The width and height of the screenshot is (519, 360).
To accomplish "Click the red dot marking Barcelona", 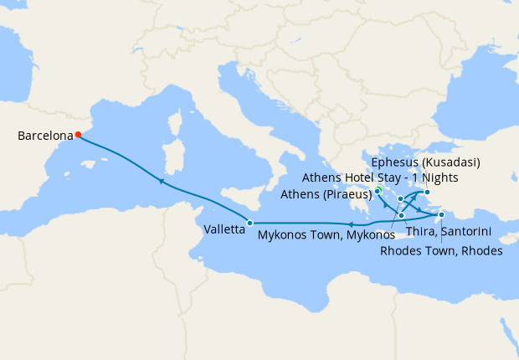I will click(x=78, y=134).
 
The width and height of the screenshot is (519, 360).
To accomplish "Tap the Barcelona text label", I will click(x=44, y=135).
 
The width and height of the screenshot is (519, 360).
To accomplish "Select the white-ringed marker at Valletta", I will click(x=249, y=222).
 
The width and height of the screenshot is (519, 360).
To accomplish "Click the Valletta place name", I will click(x=223, y=229).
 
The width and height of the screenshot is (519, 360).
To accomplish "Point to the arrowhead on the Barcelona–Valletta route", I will click(x=161, y=181).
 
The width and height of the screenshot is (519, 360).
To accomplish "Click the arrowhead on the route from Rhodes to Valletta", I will click(x=351, y=224).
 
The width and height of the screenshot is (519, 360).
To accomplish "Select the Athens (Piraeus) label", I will click(x=326, y=193).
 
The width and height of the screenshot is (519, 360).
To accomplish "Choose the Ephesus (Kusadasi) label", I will click(x=424, y=162).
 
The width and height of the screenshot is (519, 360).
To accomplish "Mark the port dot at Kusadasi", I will click(x=426, y=193).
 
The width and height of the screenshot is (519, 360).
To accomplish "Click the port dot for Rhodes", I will click(x=441, y=215).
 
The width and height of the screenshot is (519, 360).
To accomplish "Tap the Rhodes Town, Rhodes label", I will click(x=441, y=250).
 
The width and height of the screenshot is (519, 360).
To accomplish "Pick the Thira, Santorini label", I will click(x=447, y=232).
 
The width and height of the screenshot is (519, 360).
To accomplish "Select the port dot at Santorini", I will click(x=402, y=215).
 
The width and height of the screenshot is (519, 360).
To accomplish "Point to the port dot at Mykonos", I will click(x=401, y=198).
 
